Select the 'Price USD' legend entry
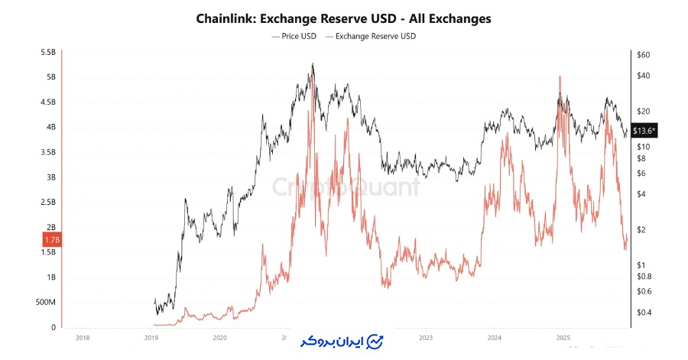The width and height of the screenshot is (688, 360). pos(294,36)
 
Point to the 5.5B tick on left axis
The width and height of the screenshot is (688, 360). pos(47,53)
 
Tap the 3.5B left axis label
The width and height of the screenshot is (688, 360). pos(47,152)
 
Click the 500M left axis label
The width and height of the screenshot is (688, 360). pos(45,303)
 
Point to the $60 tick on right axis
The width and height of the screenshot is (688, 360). pos(643,55)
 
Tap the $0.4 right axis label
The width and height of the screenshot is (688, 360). pos(644,312)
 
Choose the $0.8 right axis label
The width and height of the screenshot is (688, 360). pos(644,276)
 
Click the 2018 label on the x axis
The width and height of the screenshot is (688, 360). pos(83,337)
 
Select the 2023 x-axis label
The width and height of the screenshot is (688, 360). pos(426,337)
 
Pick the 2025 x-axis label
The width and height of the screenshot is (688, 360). pos(563,337)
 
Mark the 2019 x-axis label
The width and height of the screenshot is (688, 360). pos(151,337)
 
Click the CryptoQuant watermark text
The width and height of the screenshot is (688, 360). pos(346,186)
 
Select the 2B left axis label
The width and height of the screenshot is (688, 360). pos(50,227)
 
